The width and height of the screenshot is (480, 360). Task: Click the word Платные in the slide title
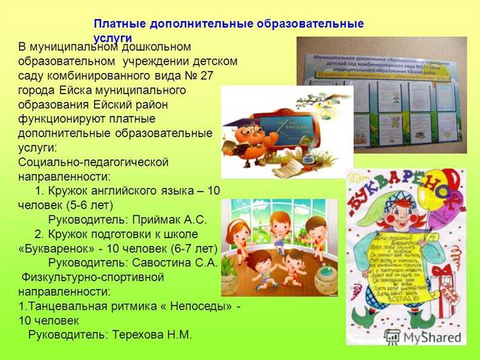tap(119, 24)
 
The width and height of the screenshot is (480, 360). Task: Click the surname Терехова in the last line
tap(140, 334)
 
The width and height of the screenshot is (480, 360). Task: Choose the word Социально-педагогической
tap(93, 161)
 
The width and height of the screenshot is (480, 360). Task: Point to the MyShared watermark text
tap(431, 338)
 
